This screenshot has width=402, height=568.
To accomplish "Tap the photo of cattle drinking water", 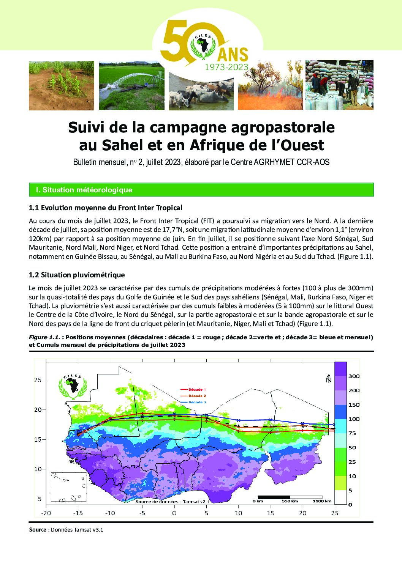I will (x=201, y=93).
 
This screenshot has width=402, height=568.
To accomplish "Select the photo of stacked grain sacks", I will (x=339, y=85).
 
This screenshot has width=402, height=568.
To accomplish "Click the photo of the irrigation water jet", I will (x=131, y=86).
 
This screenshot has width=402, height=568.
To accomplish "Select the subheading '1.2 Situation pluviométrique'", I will (x=77, y=275).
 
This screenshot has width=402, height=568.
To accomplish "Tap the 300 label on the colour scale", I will (x=354, y=376).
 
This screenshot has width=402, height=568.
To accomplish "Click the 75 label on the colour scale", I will (x=352, y=433).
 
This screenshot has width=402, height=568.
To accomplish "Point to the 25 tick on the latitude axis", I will (x=38, y=380).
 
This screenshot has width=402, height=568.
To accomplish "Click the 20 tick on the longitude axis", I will (x=302, y=513).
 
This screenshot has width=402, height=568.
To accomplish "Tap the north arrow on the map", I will (x=329, y=378).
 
